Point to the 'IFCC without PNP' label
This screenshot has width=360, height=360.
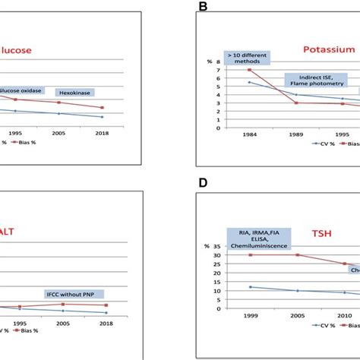point(74,294)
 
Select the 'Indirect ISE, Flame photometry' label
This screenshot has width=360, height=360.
point(314,80)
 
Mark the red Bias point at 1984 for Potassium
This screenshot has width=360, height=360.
point(249,70)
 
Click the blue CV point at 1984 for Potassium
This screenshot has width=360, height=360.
point(249,82)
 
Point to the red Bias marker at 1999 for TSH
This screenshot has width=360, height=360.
point(250,254)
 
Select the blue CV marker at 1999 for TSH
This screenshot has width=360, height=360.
point(250,287)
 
